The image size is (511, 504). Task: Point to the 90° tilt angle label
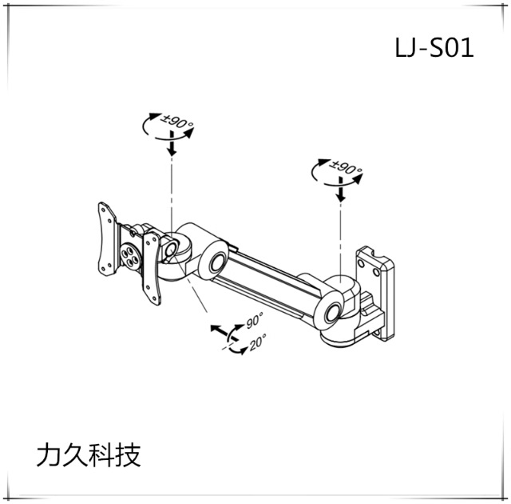pyautogui.click(x=255, y=322)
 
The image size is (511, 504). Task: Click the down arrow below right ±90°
pyautogui.click(x=342, y=193)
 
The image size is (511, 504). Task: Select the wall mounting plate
pyautogui.click(x=378, y=290)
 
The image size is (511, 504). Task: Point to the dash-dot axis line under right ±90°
pyautogui.click(x=342, y=240)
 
